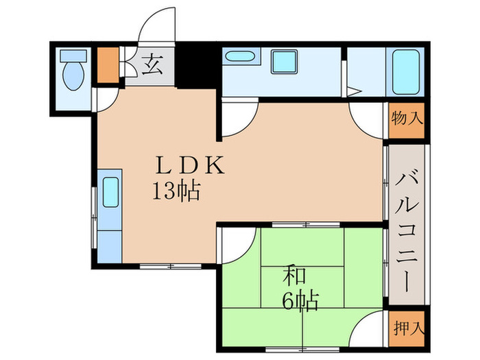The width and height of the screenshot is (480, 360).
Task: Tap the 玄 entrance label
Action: point(152,67)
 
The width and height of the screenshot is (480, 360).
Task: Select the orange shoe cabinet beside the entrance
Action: point(107,66)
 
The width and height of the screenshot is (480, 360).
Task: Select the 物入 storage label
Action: point(407,119)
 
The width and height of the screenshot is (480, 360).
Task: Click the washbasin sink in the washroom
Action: point(240,58)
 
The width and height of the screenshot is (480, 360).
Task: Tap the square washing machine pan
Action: point(283,62)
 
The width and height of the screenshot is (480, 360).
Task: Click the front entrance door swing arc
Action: point(154,27)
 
